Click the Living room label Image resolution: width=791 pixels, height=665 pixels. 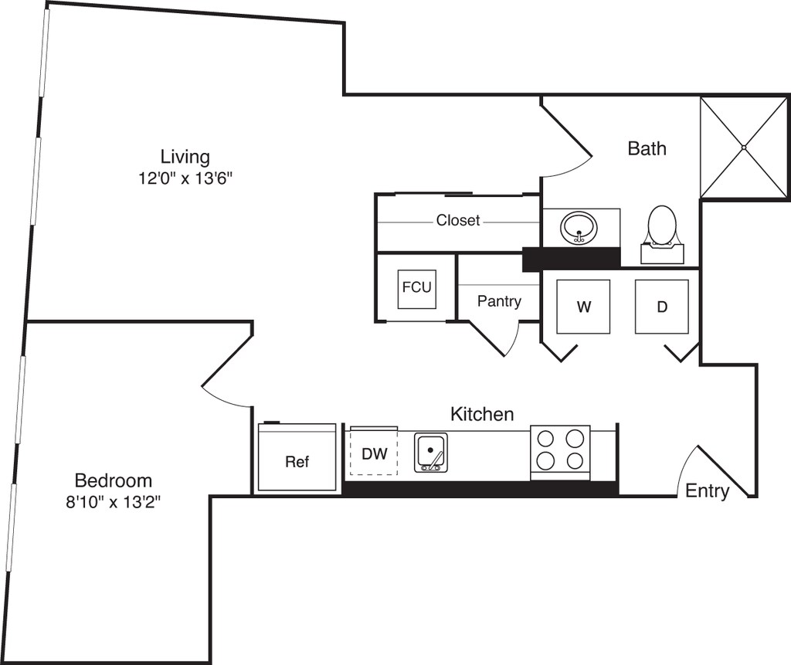(x=185, y=157)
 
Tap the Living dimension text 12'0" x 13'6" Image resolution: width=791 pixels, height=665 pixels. (x=185, y=178)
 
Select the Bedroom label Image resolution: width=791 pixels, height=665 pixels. (x=114, y=480)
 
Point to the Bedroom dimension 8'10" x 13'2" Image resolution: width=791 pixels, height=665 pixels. (x=114, y=502)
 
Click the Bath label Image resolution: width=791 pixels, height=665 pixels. (x=647, y=148)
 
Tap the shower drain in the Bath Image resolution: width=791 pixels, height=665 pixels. (x=744, y=148)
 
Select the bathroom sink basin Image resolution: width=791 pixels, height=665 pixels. (x=579, y=229)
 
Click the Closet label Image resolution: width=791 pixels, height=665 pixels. (x=458, y=220)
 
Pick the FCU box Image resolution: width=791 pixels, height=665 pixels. (x=416, y=289)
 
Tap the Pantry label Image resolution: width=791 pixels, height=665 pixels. (x=499, y=301)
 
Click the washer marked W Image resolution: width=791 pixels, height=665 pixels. (x=583, y=307)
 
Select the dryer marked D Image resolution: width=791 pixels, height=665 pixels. (x=662, y=307)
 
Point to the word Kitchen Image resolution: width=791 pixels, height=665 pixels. (x=482, y=414)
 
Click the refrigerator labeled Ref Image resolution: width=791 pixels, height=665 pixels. (x=297, y=457)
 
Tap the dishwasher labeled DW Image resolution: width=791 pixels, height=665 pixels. (x=374, y=452)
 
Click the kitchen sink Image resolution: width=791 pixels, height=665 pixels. (x=431, y=453)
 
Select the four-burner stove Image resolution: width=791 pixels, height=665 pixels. (x=560, y=453)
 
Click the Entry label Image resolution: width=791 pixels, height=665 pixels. (x=708, y=490)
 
